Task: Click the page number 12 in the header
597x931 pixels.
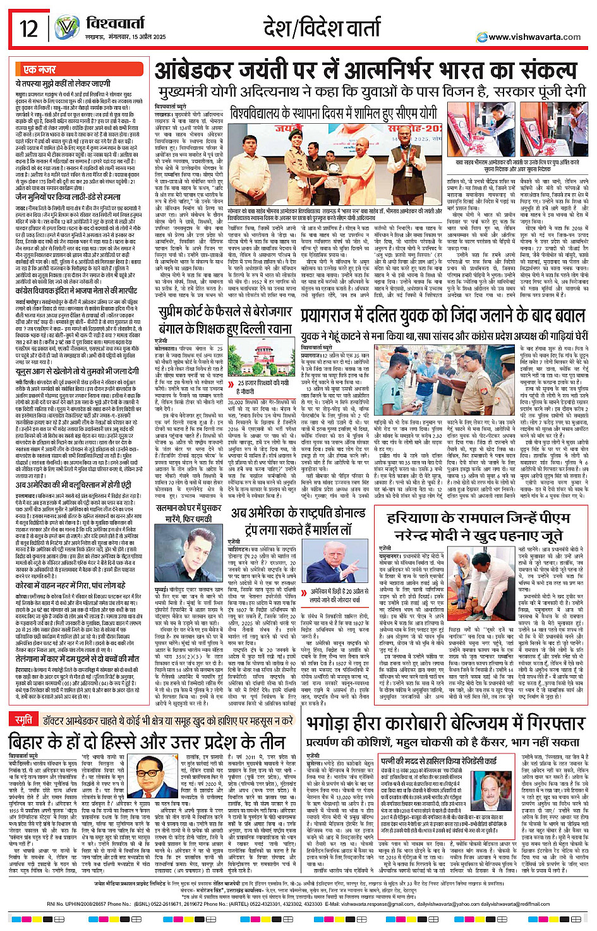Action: click(28, 28)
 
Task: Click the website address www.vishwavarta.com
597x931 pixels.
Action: click(534, 37)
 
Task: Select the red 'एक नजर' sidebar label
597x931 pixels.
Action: click(39, 69)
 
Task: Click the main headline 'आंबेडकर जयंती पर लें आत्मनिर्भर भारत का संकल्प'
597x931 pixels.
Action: click(366, 71)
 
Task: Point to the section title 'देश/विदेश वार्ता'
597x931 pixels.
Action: click(330, 28)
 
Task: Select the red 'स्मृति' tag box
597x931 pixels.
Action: click(24, 702)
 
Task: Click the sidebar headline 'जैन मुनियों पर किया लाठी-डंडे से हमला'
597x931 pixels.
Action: click(72, 196)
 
